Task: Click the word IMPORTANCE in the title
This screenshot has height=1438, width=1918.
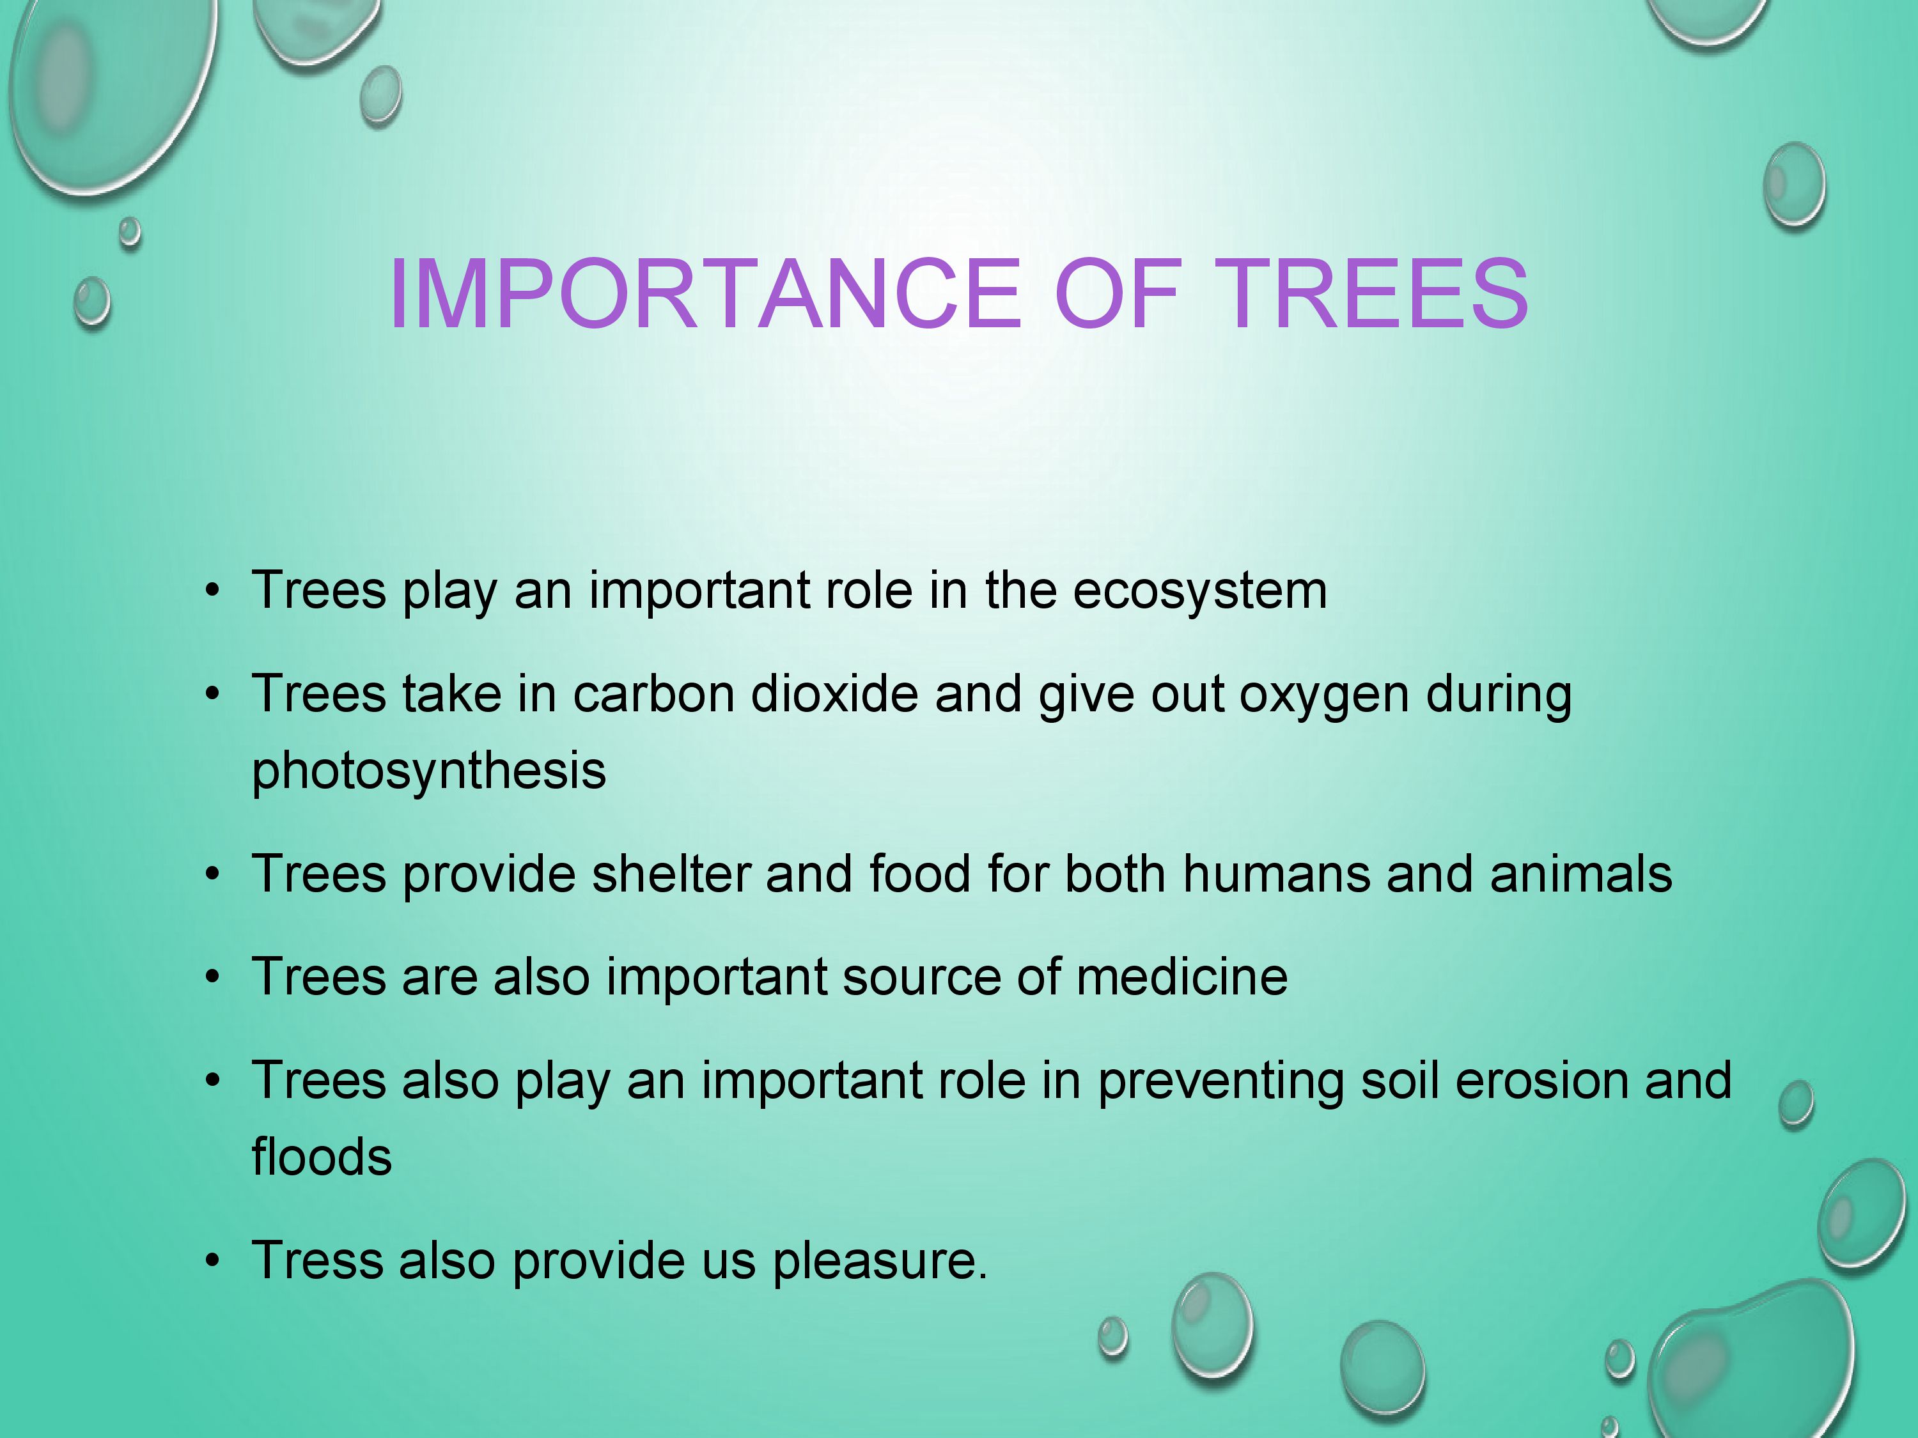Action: pyautogui.click(x=706, y=294)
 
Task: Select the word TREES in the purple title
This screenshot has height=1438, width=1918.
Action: pyautogui.click(x=1373, y=294)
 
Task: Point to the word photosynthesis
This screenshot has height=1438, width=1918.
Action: pyautogui.click(x=428, y=771)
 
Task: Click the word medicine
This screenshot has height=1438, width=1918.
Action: pyautogui.click(x=1182, y=977)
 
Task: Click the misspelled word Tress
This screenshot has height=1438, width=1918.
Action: pyautogui.click(x=316, y=1260)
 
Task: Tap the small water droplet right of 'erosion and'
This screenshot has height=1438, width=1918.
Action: pyautogui.click(x=1797, y=1104)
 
